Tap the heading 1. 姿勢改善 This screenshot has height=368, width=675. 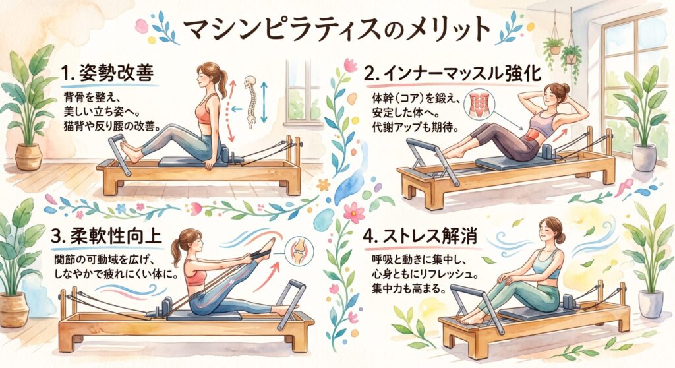107,74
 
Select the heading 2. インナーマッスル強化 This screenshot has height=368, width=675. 452,73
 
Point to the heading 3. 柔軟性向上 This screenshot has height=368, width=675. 106,236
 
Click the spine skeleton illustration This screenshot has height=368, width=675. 250,102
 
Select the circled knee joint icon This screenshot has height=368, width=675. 300,251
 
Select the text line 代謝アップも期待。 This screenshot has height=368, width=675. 413,128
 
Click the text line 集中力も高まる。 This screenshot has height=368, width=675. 408,288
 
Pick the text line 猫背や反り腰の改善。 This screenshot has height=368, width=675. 111,127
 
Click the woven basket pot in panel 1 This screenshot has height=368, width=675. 28,157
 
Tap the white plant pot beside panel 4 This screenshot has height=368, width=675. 651,304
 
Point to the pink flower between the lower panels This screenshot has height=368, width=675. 354,212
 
